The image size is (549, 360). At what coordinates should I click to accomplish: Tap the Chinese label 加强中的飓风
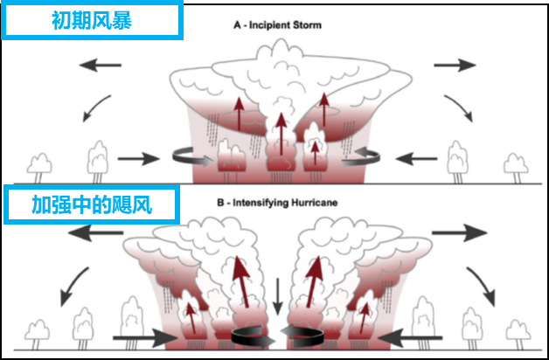coord(91,206)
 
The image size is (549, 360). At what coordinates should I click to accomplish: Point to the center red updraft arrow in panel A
coord(279,131)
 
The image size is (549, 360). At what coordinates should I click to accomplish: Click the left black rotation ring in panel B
coord(249,335)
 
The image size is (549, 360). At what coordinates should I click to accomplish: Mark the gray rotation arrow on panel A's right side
coord(361,157)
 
